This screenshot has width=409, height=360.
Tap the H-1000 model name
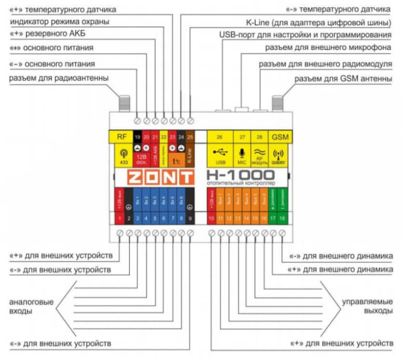tap(240, 175)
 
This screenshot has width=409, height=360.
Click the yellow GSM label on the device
tap(280, 137)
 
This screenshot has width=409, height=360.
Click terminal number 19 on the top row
tap(138, 137)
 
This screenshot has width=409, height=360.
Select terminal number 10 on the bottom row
tap(212, 218)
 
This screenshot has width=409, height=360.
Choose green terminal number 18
tap(282, 218)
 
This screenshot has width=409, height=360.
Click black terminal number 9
tap(191, 218)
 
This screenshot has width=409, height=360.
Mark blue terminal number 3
tap(138, 218)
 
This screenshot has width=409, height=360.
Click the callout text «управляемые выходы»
tap(367, 306)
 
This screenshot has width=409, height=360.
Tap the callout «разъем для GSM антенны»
tap(344, 79)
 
